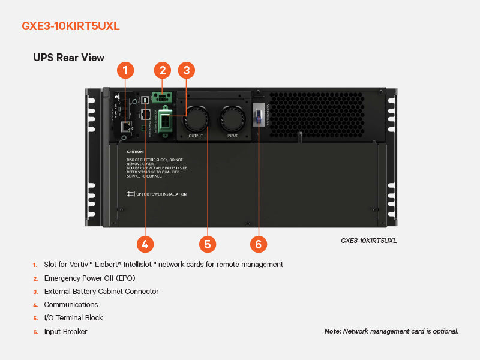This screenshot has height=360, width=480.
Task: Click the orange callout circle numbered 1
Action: [x=125, y=70]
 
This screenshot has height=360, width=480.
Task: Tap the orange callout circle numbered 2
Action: [x=162, y=70]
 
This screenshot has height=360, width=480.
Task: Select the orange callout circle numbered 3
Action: [x=187, y=70]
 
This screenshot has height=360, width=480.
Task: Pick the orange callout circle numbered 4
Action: [x=145, y=244]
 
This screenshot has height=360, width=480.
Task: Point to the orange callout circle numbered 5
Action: [x=207, y=244]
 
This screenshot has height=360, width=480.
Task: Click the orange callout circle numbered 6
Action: [x=259, y=244]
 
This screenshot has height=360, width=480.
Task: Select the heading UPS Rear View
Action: [x=68, y=58]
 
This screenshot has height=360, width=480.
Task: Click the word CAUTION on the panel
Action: [x=135, y=152]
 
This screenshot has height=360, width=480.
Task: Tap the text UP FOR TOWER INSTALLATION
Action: [x=162, y=194]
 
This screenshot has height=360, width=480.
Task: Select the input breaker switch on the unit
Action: [x=259, y=114]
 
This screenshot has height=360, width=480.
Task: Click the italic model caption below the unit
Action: [x=368, y=241]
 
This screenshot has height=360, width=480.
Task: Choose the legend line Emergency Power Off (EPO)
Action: [x=89, y=278]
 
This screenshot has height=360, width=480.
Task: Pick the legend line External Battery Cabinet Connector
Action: [x=101, y=291]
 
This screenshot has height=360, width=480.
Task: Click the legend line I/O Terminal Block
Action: [x=73, y=318]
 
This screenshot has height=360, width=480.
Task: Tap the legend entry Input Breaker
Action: [x=65, y=331]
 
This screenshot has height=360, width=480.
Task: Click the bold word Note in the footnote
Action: [x=332, y=331]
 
